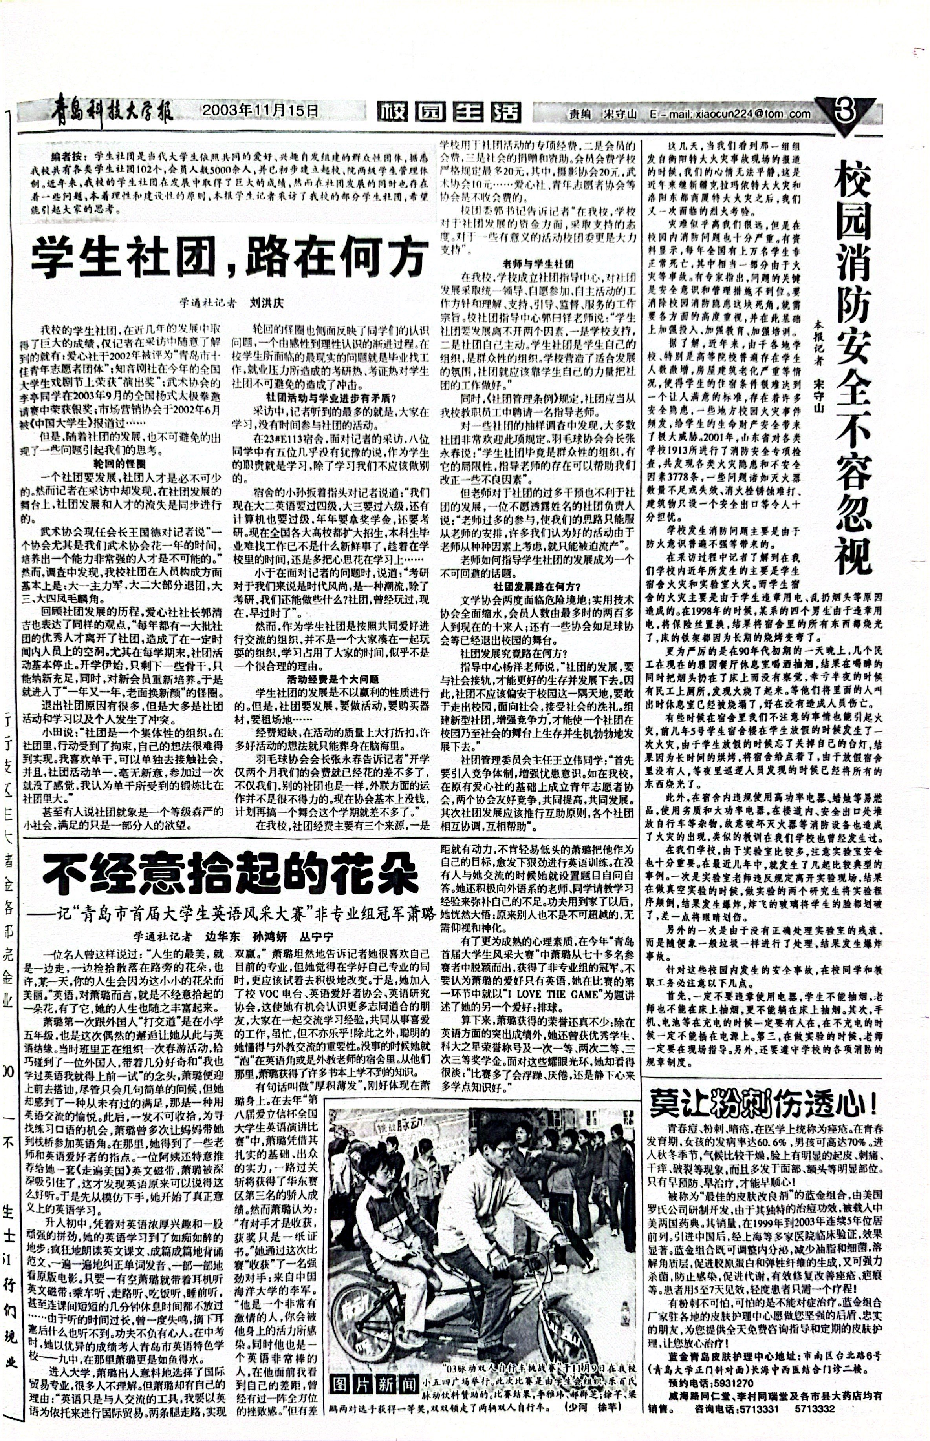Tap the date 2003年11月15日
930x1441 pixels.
click(x=260, y=110)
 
